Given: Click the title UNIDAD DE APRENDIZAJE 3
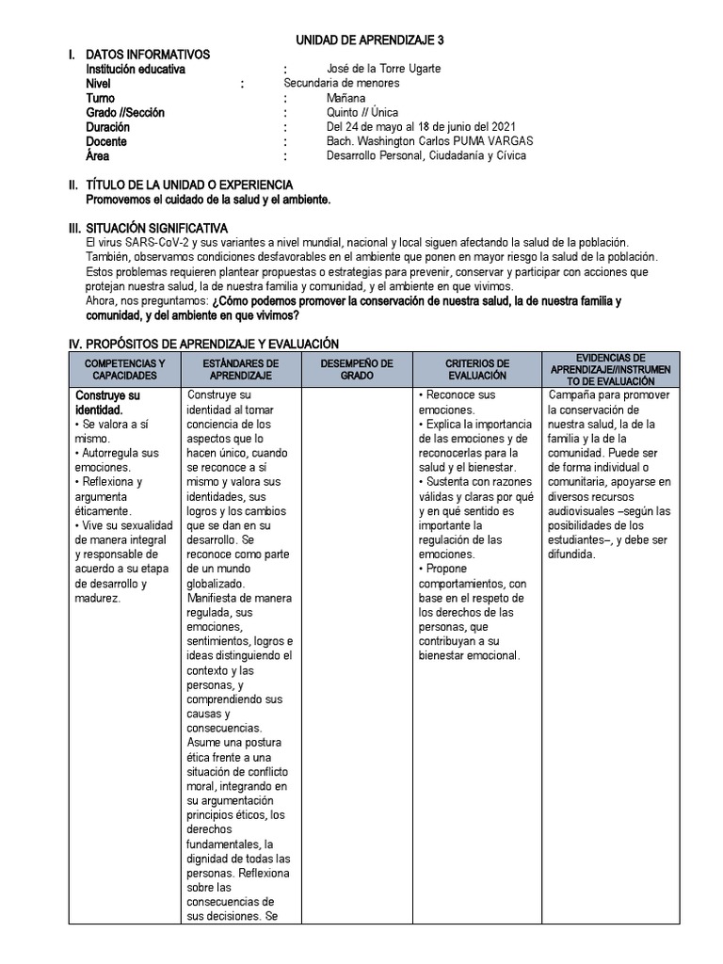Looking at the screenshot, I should coord(370,40).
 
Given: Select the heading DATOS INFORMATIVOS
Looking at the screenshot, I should coord(148,55).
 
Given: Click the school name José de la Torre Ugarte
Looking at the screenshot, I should coord(383,69).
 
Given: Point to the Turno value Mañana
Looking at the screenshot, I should coord(346,98).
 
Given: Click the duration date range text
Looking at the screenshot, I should coord(421,127).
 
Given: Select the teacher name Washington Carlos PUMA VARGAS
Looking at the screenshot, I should coord(420,141).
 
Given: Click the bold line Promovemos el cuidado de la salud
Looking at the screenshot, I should coord(208,200).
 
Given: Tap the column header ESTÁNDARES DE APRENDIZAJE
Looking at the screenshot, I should coord(240,369).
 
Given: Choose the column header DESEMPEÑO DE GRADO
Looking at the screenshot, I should coord(357,369).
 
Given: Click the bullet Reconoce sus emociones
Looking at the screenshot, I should coord(458,403).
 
